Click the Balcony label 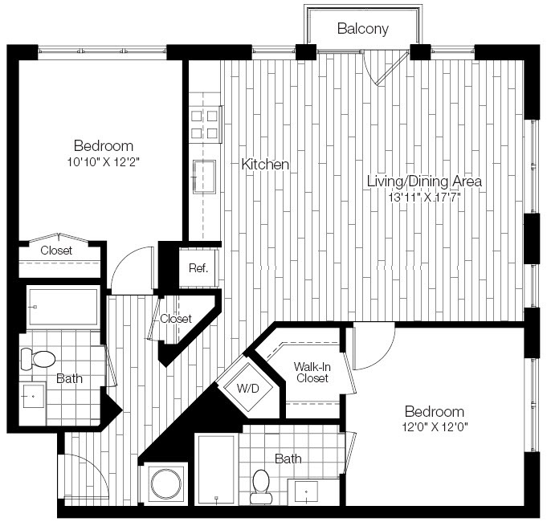[x=362, y=29]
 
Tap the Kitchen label [x=265, y=164]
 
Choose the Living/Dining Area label [x=424, y=181]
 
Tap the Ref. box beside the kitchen [x=198, y=268]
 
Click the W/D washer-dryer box [x=246, y=388]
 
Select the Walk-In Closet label [x=310, y=371]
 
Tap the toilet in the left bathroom [x=39, y=357]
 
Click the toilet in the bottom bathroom [x=261, y=486]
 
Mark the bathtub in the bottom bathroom [x=217, y=470]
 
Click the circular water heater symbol [x=165, y=484]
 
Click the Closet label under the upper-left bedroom [x=55, y=251]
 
